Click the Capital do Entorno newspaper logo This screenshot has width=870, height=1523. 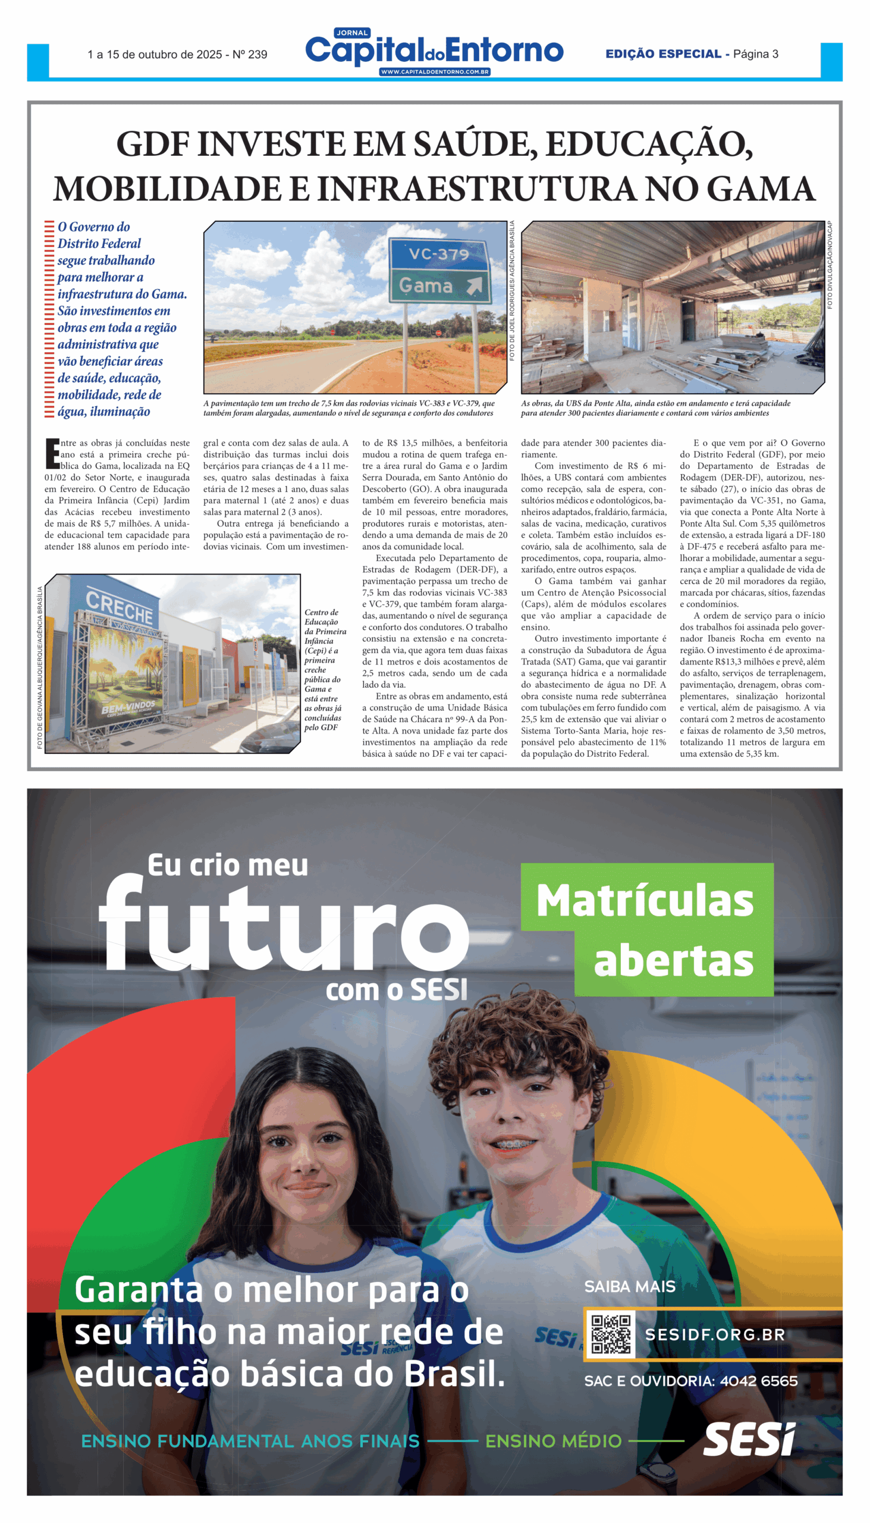[434, 50]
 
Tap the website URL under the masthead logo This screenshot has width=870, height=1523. [434, 73]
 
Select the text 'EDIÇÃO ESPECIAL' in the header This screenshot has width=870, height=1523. [663, 54]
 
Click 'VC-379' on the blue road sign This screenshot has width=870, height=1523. [439, 255]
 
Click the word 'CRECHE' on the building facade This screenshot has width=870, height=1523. [119, 606]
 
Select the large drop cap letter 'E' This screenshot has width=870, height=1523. [52, 454]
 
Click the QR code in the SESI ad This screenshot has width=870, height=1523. [610, 1335]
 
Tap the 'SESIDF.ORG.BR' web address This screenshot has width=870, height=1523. [715, 1335]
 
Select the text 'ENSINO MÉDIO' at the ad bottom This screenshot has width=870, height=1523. [553, 1441]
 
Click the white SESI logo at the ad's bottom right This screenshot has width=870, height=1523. [749, 1439]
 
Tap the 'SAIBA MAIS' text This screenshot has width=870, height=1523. [630, 1287]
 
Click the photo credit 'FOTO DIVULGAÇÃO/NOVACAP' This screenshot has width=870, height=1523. [830, 265]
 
